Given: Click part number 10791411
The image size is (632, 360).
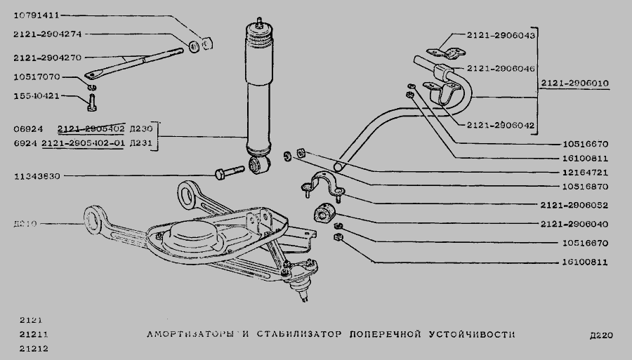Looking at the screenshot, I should pos(37,14).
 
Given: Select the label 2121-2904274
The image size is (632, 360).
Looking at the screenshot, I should pos(47,33).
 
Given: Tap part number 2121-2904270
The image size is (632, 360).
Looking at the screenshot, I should pos(47,58).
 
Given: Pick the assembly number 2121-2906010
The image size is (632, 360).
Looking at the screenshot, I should pos(574,84).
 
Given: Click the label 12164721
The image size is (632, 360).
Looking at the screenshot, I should pos(584,172).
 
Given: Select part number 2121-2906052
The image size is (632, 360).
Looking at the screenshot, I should pos(574,206).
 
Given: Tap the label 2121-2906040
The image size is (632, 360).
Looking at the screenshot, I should pos(574,225).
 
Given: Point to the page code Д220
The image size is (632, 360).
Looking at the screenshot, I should pos(602,335).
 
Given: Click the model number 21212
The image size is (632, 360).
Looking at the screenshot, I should pos(29,347).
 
